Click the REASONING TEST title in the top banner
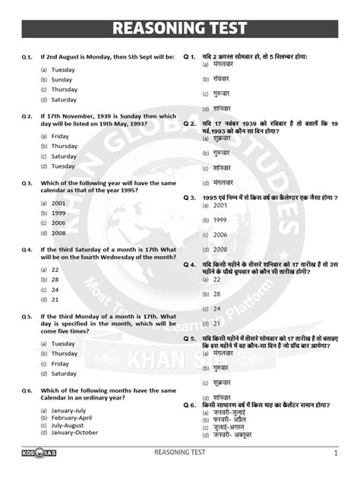pos(180,28)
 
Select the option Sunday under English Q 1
pos(62,80)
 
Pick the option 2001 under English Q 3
pos(58,204)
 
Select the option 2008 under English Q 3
pos(58,233)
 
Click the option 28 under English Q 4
pos(55,279)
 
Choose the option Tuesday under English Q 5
pos(64,343)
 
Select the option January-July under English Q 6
pos(71,410)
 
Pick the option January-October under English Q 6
pos(75,432)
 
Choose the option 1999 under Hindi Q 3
pos(220,220)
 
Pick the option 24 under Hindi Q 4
pos(217,308)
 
